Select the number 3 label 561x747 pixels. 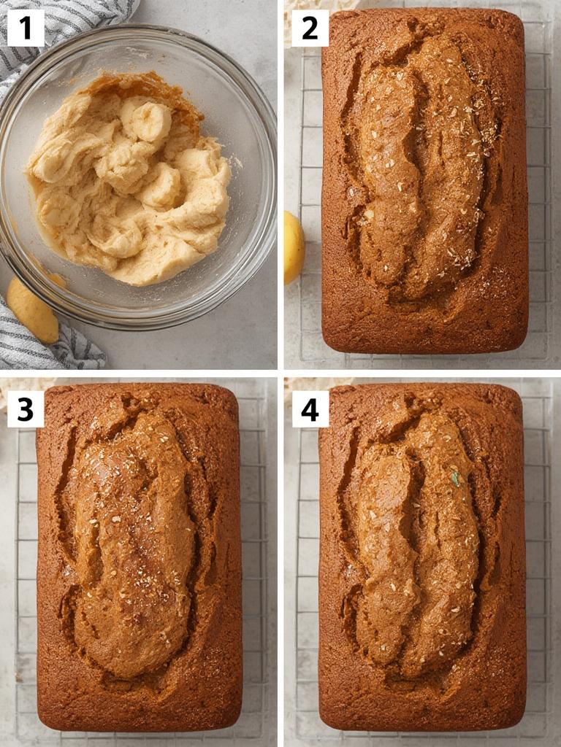[x=26, y=409]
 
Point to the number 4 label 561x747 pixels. [x=310, y=409]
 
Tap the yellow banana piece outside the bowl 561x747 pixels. [x=33, y=310]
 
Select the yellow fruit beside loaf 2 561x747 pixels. [x=293, y=247]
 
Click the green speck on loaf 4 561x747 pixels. [x=455, y=479]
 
